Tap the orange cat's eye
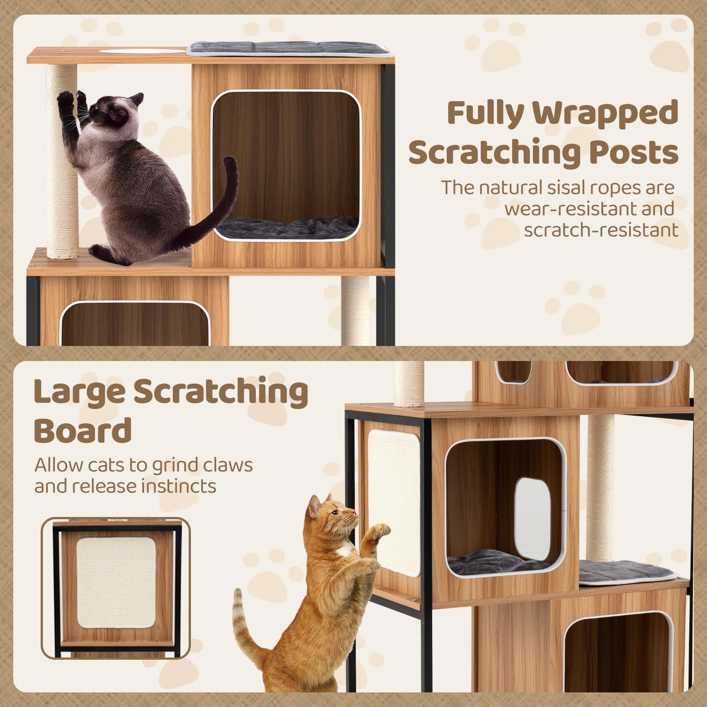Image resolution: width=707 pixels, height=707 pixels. pyautogui.click(x=335, y=513)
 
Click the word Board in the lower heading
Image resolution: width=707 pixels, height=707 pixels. pyautogui.click(x=83, y=431)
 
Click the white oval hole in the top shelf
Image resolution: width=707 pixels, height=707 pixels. pyautogui.click(x=142, y=51)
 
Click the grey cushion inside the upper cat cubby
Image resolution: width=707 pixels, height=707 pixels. pyautogui.click(x=287, y=227)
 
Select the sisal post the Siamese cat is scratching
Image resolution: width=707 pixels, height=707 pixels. pyautogui.click(x=62, y=161)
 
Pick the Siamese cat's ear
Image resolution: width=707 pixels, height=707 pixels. pyautogui.click(x=137, y=99)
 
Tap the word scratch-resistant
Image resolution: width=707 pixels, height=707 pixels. pyautogui.click(x=601, y=230)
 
